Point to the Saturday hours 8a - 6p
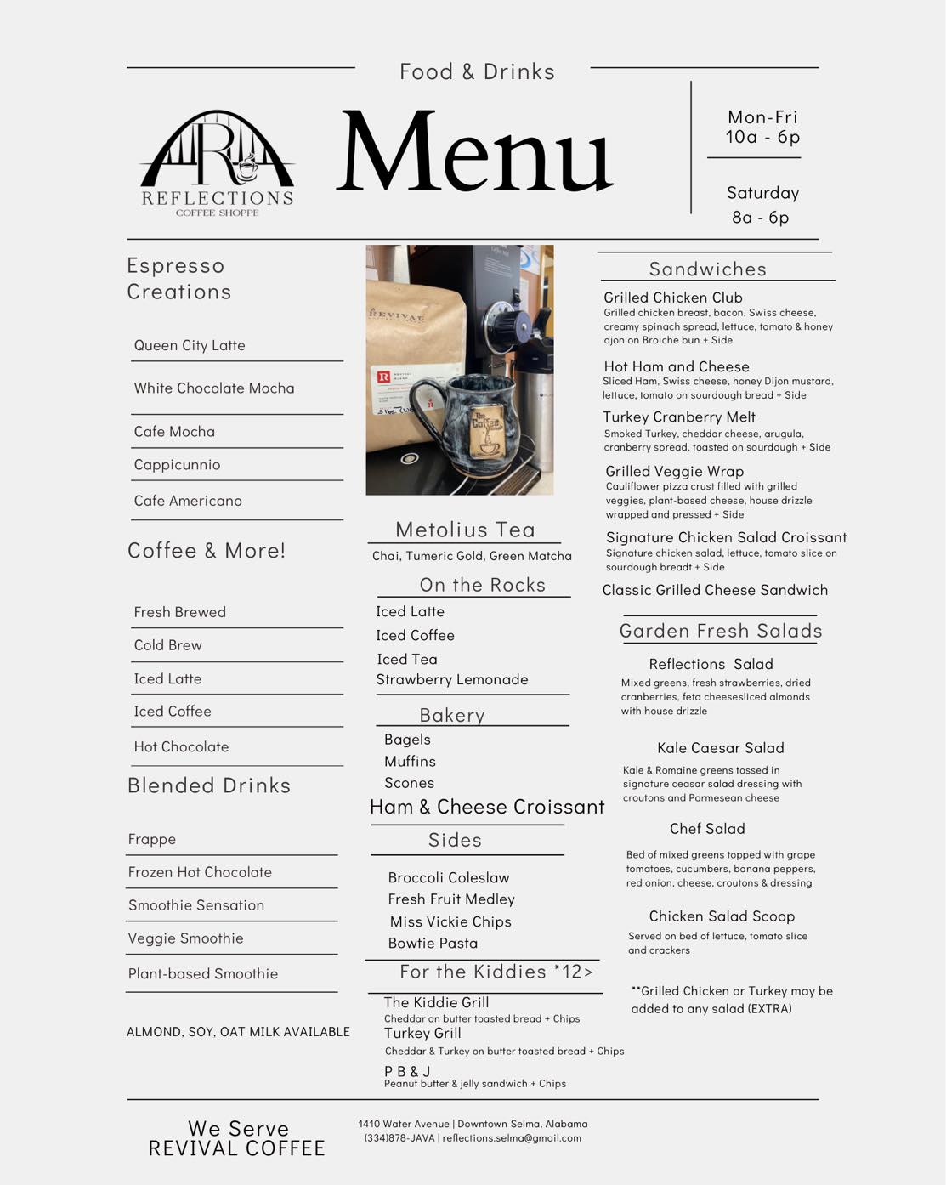pos(761,218)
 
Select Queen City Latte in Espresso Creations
pos(190,345)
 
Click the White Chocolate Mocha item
pos(214,388)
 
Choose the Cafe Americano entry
pos(188,501)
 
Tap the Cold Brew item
pos(168,645)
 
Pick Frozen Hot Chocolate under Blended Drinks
pos(200,872)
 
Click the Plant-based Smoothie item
pos(203,974)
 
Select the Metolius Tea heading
pos(465,530)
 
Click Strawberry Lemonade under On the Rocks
pos(452,679)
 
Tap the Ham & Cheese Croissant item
pos(487,807)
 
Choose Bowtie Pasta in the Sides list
pos(433,943)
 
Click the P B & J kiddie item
pos(407,1071)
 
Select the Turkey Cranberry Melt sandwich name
pos(679,417)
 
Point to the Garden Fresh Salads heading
pos(721,631)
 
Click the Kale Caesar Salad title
pos(721,748)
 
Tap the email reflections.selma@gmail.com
pos(512,1138)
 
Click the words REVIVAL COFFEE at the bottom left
pos(237,1149)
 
